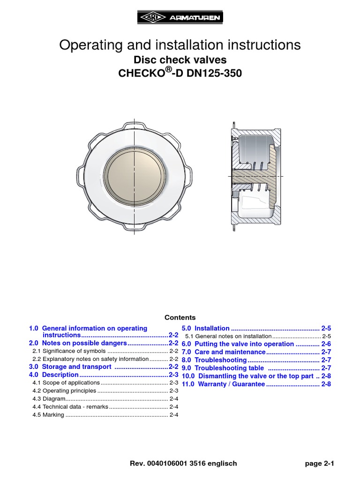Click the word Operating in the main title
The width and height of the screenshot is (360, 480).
[x=88, y=45]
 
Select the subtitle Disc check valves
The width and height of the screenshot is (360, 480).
[x=180, y=60]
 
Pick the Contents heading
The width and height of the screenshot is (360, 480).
[x=180, y=317]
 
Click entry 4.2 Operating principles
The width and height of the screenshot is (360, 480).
[x=64, y=390]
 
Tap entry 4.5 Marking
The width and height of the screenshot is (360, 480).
[x=48, y=415]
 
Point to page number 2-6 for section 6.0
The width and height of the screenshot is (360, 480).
[x=326, y=344]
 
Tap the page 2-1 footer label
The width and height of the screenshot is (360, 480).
[x=319, y=464]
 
